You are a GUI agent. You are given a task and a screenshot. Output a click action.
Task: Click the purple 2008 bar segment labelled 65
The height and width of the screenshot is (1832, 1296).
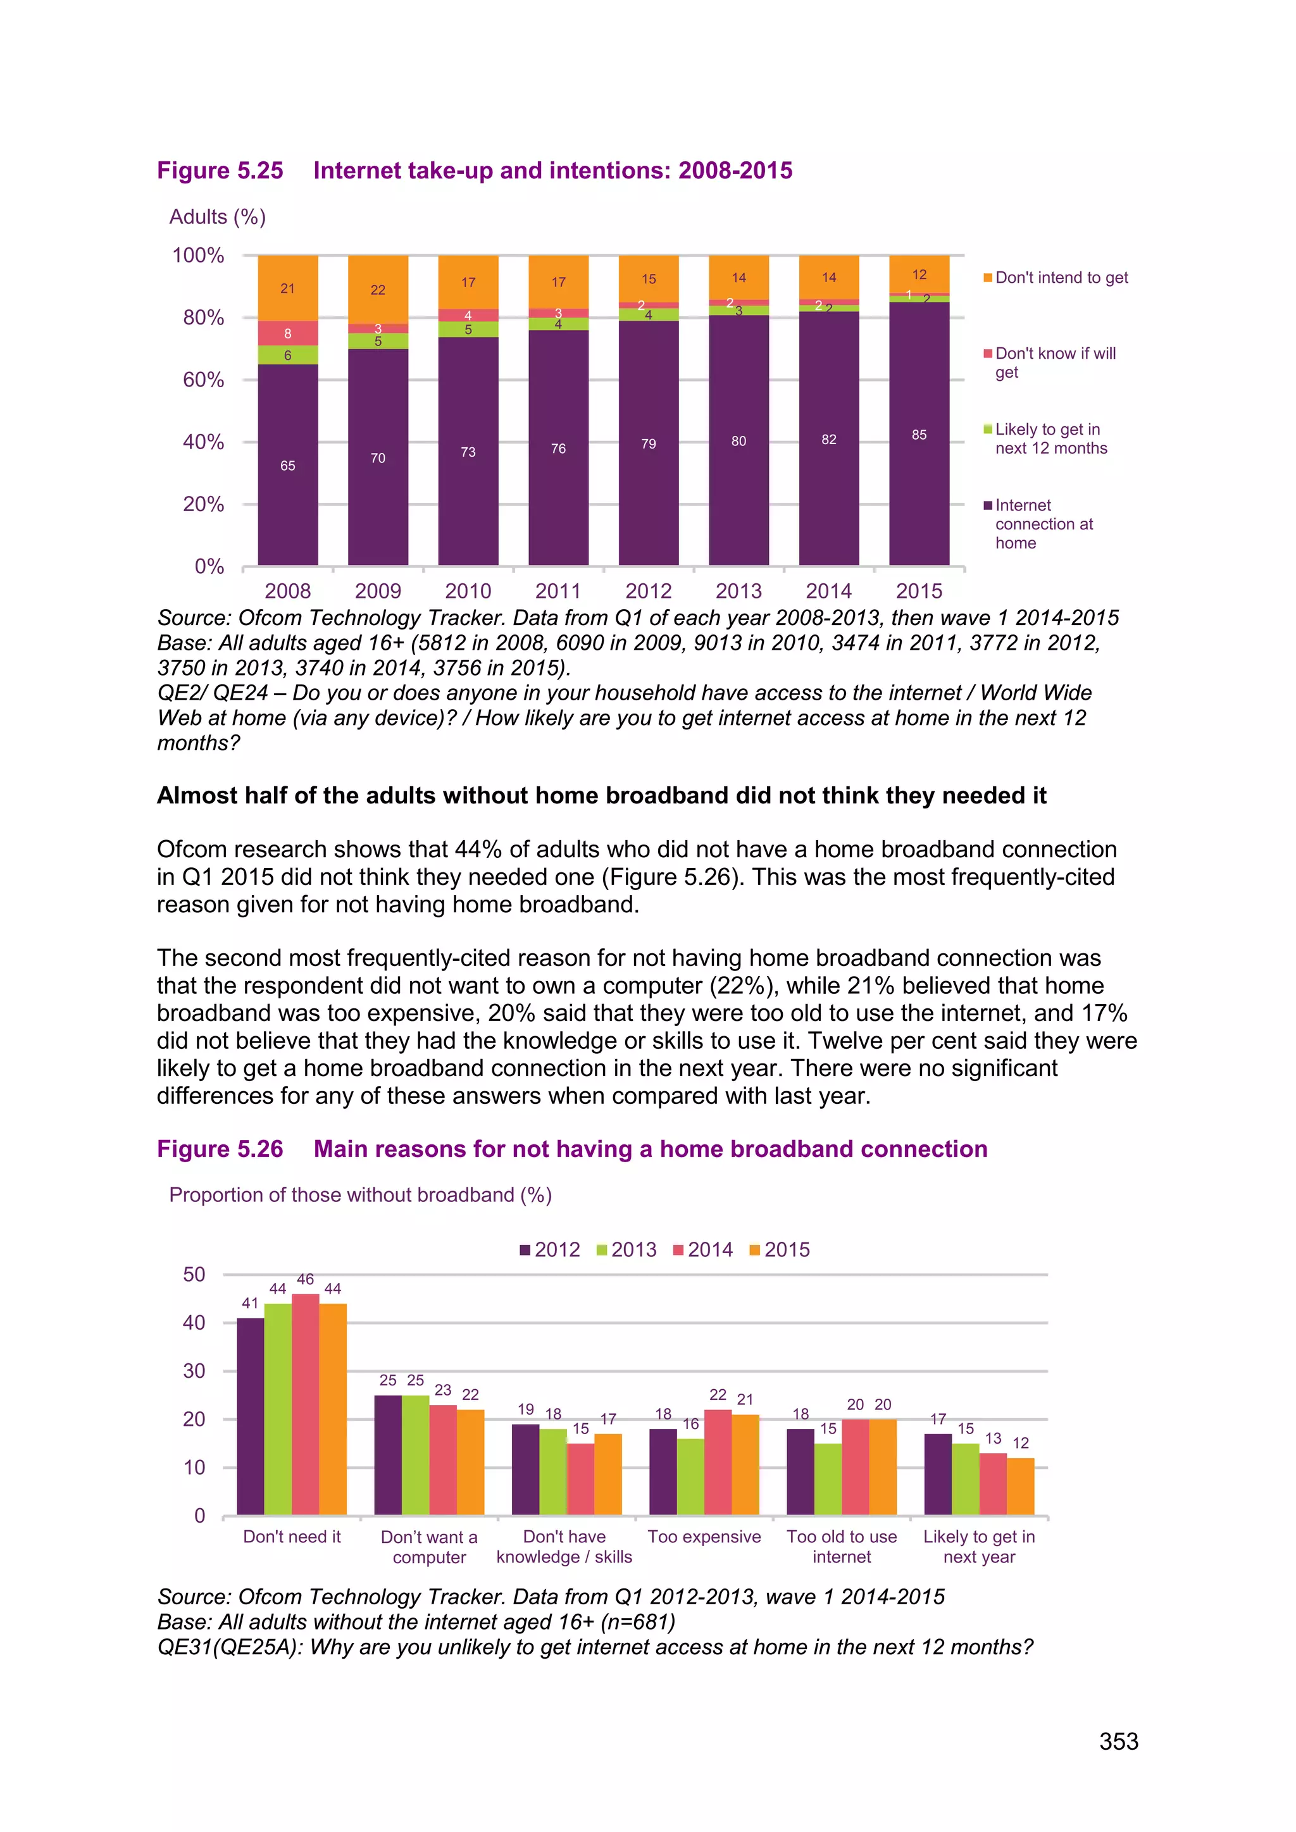click(287, 465)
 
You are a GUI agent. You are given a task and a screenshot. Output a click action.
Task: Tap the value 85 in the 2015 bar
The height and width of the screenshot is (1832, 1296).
click(919, 435)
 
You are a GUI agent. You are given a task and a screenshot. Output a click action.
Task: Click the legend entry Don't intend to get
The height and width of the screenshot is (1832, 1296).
click(1061, 278)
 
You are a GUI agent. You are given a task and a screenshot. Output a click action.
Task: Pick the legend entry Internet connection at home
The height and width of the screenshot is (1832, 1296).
click(1043, 524)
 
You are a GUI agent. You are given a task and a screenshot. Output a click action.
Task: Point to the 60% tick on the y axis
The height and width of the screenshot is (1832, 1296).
click(204, 380)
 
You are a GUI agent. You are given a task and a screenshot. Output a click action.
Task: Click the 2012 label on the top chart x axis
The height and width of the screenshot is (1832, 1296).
click(648, 591)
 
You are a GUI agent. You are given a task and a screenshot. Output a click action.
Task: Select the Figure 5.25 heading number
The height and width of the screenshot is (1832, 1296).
click(220, 171)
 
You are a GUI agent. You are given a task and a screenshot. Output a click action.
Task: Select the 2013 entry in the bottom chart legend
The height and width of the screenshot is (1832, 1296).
click(626, 1249)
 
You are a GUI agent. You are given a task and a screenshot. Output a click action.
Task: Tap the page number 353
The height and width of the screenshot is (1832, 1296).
click(1118, 1741)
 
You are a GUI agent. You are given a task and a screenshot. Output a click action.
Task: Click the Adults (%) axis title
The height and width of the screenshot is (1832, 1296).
click(217, 217)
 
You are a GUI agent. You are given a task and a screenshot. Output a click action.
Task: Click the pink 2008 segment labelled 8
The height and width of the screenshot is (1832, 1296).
click(287, 333)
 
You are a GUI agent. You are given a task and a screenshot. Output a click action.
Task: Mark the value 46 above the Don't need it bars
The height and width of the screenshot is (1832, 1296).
click(305, 1279)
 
